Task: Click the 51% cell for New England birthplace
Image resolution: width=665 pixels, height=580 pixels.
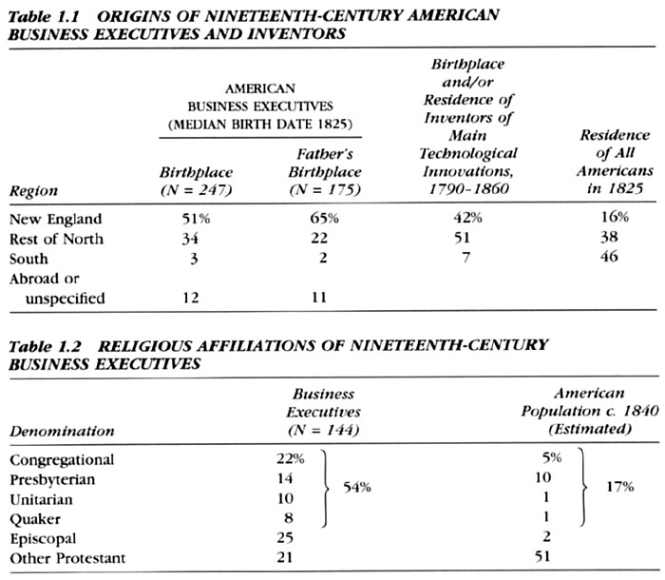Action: coord(196,219)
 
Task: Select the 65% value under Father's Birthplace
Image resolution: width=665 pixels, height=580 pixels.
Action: coord(325,219)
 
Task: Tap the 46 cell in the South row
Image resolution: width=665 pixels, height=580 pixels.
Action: coord(609,257)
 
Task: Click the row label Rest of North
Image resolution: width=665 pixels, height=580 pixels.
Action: coord(56,239)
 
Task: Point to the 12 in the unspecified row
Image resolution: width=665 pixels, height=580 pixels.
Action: coord(191,298)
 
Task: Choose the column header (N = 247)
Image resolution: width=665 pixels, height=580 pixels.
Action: coord(197,190)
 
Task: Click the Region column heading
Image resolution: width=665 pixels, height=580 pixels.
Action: coord(33,191)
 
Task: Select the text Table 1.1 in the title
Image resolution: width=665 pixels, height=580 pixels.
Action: coord(44,16)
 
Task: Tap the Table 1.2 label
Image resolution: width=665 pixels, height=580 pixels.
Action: coord(45,346)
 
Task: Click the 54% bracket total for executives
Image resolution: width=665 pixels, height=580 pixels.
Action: coord(356,487)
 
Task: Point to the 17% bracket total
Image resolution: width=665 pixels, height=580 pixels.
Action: coord(620,486)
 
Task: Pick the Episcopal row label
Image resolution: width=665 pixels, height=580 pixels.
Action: coord(43,539)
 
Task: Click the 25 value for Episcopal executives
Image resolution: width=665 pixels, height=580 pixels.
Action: coord(285,537)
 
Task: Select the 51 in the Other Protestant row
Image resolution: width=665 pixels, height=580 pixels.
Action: coord(542,556)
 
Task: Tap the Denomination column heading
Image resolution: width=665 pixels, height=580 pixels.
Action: coord(62,431)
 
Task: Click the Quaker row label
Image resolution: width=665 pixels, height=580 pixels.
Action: coord(35,519)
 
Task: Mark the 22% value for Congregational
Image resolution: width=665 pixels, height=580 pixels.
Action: coord(291,458)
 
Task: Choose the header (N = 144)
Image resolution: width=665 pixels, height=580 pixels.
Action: coord(324,430)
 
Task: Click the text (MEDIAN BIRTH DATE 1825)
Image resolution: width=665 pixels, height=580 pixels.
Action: coord(260,125)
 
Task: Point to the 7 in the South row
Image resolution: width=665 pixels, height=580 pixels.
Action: coord(465,258)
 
